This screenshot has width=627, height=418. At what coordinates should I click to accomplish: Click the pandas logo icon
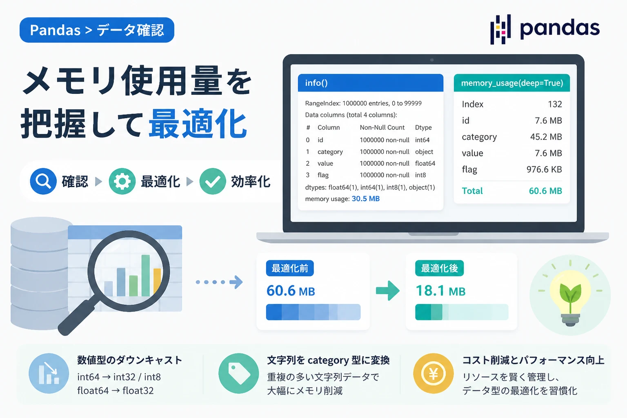click(500, 29)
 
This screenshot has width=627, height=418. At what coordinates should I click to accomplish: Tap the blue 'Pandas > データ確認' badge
click(97, 30)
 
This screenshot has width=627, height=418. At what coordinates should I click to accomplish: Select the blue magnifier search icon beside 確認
click(43, 181)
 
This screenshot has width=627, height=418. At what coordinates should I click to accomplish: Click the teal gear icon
click(122, 181)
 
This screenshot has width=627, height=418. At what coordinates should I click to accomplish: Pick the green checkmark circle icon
click(213, 181)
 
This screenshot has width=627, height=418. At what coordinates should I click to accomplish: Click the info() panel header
click(371, 83)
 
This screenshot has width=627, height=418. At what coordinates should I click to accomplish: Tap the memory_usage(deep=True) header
click(511, 83)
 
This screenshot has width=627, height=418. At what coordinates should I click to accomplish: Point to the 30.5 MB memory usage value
click(366, 199)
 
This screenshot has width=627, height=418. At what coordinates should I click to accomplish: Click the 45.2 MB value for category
click(546, 137)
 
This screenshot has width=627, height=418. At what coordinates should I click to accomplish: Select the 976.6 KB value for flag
click(544, 169)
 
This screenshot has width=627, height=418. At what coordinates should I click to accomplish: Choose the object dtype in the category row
click(424, 152)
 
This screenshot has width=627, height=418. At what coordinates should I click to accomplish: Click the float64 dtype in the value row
click(425, 164)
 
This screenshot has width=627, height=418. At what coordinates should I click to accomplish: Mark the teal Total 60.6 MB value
click(545, 191)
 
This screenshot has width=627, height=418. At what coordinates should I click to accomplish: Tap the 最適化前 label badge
click(290, 268)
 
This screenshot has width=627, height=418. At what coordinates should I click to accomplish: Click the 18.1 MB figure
click(440, 291)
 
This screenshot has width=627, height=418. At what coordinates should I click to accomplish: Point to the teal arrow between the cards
click(388, 291)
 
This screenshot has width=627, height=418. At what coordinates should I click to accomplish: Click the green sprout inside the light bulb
click(570, 296)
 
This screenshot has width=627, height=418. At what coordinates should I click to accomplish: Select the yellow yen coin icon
click(433, 374)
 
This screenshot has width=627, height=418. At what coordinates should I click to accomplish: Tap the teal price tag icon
click(238, 374)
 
